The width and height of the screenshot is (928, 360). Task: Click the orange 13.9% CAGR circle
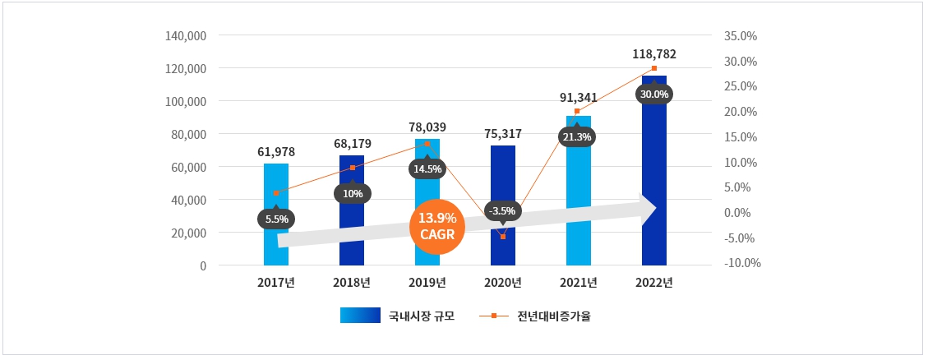click(x=437, y=225)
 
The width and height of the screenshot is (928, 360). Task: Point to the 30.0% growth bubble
click(x=654, y=94)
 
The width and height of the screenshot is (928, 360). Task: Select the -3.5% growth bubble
click(x=502, y=211)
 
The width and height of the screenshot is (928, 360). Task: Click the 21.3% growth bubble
click(x=577, y=136)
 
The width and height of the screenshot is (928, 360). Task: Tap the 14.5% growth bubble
click(x=427, y=169)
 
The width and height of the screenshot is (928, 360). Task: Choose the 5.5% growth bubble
click(x=276, y=219)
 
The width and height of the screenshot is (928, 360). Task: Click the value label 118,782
click(x=654, y=54)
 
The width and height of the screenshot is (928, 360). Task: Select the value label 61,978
click(x=275, y=152)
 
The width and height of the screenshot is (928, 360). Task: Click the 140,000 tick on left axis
click(x=185, y=36)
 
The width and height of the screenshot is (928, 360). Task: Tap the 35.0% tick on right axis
click(x=741, y=36)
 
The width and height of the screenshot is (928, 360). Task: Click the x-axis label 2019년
click(x=427, y=283)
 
